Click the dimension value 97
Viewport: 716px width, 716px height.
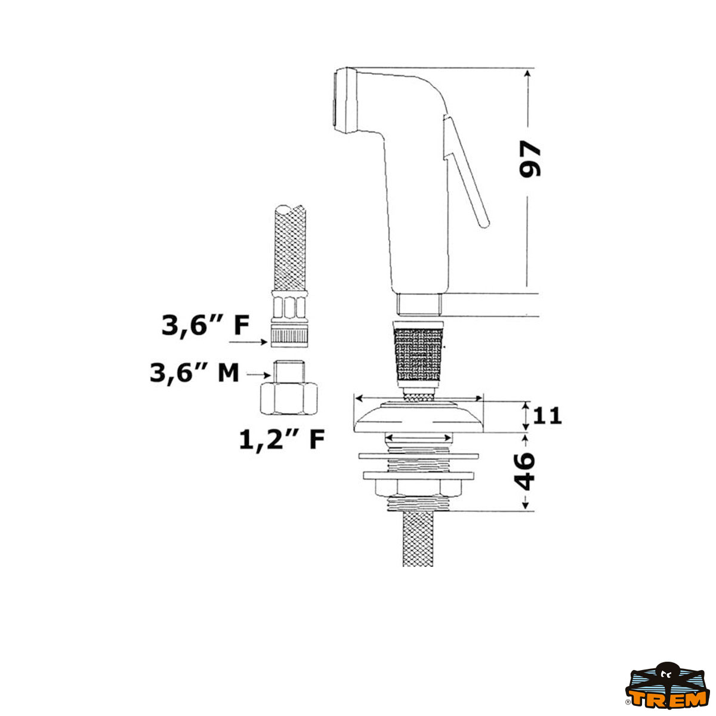coord(529,159)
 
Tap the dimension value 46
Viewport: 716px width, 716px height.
coord(524,471)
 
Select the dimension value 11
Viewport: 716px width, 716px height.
coord(547,416)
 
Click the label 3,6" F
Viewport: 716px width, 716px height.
coord(205,326)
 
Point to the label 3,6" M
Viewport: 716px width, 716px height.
coord(194,373)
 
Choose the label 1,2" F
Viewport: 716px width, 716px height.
coord(282,439)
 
